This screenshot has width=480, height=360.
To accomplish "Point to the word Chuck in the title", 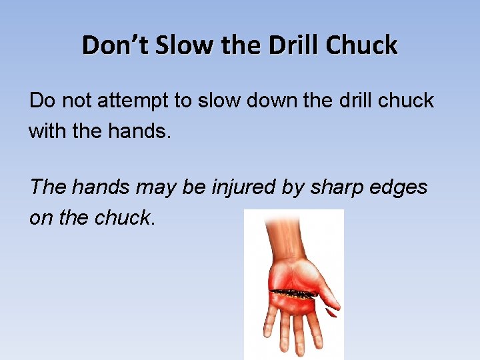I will pos(363,45).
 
